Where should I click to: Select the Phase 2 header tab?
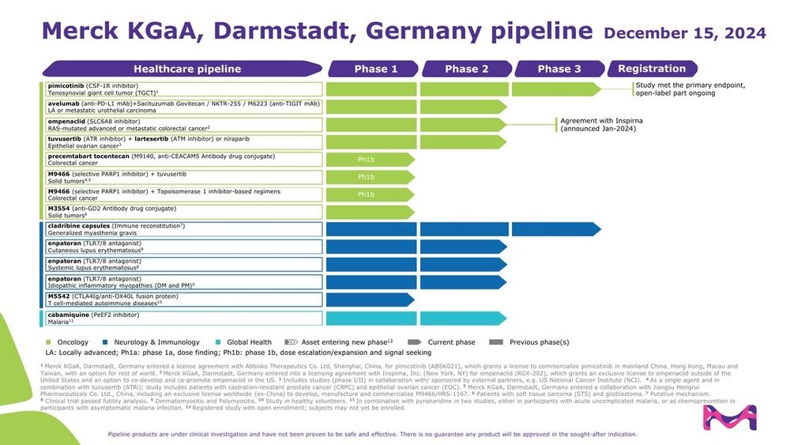tap(461, 69)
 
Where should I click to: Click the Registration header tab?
tap(652, 69)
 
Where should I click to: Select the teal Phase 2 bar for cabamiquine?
tap(462, 318)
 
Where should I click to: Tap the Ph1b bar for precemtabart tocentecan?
tap(368, 160)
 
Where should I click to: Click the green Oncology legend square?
tap(50, 341)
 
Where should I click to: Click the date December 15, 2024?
tap(684, 33)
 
